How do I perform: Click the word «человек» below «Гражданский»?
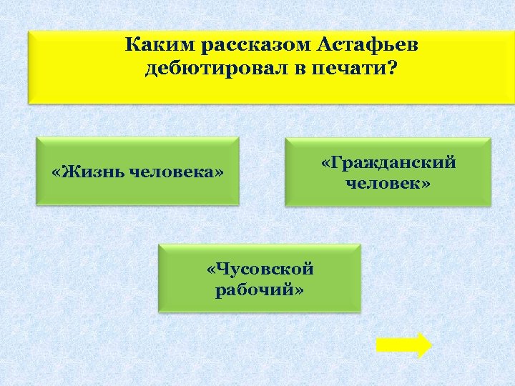click(384, 184)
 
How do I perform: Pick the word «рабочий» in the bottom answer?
click(256, 290)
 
